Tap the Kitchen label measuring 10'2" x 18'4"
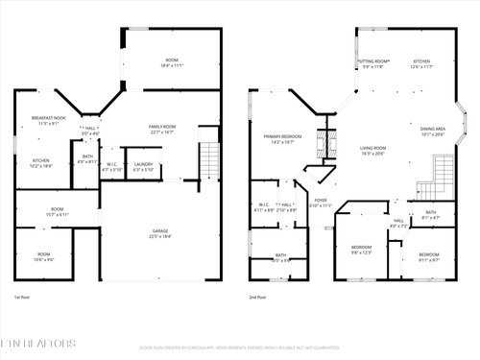point(41,163)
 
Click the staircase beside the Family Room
point(210,160)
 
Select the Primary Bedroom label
point(284,139)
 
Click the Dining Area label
point(433,132)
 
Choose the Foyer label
point(321,204)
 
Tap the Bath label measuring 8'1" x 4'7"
point(430,215)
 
